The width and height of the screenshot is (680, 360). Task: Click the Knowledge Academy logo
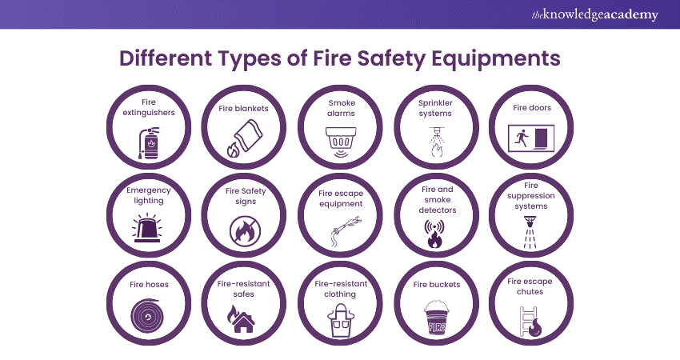coord(594,14)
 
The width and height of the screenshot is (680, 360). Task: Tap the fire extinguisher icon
coord(148,142)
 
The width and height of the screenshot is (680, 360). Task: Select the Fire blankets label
coord(243,109)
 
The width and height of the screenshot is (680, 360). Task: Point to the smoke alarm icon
coord(341,142)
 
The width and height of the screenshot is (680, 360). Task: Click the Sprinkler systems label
coord(435,108)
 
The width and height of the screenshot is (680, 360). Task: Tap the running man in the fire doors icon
coord(522,138)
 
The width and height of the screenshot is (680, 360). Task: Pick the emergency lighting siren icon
coord(147,227)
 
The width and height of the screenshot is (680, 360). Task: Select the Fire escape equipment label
coord(341,198)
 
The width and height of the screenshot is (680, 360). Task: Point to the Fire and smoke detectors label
coord(437,199)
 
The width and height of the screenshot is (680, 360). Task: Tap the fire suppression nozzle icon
coord(530,233)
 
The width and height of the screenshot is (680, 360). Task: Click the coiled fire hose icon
coord(147,316)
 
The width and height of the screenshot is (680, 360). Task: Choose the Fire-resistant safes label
coord(243,289)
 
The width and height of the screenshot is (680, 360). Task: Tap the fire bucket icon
coord(436,318)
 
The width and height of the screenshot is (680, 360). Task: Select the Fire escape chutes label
coord(530,286)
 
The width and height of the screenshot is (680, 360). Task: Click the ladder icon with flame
coord(530,322)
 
